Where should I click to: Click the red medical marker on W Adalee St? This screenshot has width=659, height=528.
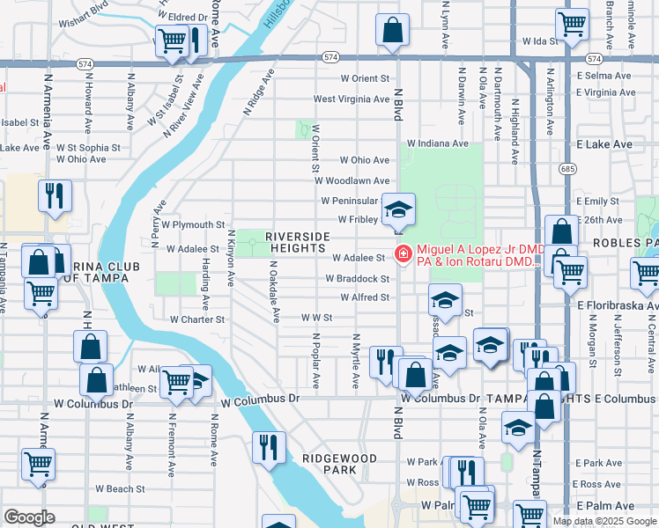[x=404, y=253]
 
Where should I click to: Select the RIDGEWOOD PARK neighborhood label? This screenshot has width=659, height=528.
[x=339, y=464]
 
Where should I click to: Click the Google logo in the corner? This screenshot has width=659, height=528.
[x=29, y=517]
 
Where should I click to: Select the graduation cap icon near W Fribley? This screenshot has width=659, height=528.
[x=398, y=209]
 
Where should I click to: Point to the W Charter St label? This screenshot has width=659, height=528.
[x=198, y=320]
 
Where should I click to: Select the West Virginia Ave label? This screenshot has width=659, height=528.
[x=351, y=99]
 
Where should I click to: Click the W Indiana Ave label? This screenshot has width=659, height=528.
[x=437, y=143]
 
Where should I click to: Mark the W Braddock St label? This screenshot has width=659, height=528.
[x=357, y=279]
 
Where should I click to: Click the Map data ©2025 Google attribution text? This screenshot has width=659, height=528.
[x=603, y=521]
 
